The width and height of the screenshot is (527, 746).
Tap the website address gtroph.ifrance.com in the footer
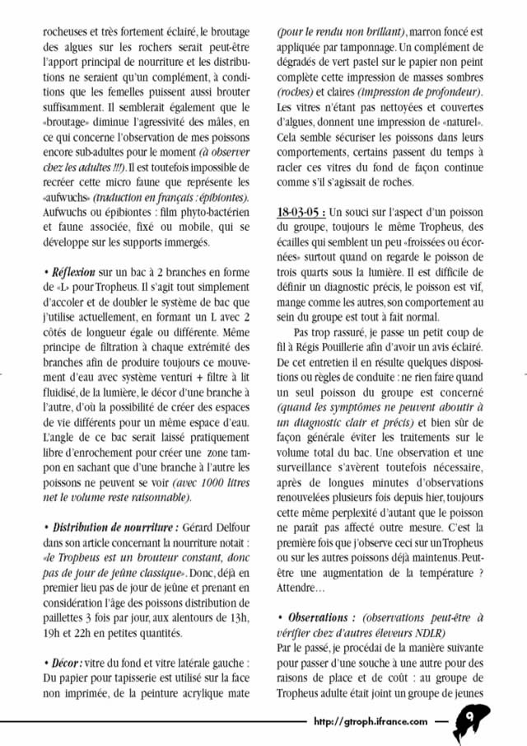point(371,720)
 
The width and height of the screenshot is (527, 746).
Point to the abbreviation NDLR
point(428,631)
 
